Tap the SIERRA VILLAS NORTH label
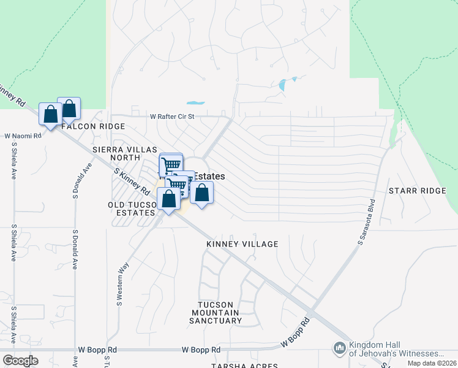(x=125, y=153)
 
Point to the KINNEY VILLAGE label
(x=242, y=244)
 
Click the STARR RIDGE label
(x=418, y=191)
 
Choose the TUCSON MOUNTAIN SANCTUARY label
(x=215, y=313)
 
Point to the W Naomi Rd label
(x=23, y=136)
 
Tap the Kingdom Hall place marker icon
(x=340, y=349)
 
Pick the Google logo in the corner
(x=20, y=361)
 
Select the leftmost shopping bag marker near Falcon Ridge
(x=50, y=113)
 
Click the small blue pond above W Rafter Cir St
(x=195, y=102)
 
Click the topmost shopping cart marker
(x=171, y=164)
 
